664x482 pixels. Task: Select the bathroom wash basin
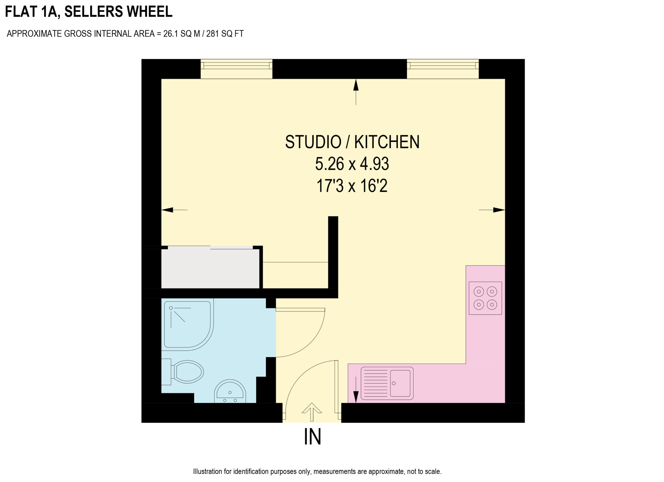tap(230, 391)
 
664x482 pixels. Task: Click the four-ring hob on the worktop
tap(485, 298)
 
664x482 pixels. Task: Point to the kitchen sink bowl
tap(400, 383)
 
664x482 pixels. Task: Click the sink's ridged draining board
tap(375, 383)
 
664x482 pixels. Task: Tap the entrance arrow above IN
tap(312, 412)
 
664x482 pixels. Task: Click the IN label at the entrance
tap(312, 437)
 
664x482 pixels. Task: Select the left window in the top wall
tap(236, 69)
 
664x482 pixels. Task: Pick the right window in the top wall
tap(443, 69)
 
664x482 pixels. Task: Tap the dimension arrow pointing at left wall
tap(175, 210)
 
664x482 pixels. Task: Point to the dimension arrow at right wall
tap(492, 210)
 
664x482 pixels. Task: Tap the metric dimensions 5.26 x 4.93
tap(352, 164)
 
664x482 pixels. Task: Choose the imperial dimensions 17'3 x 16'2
tap(352, 186)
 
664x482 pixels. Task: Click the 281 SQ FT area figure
tap(225, 34)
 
